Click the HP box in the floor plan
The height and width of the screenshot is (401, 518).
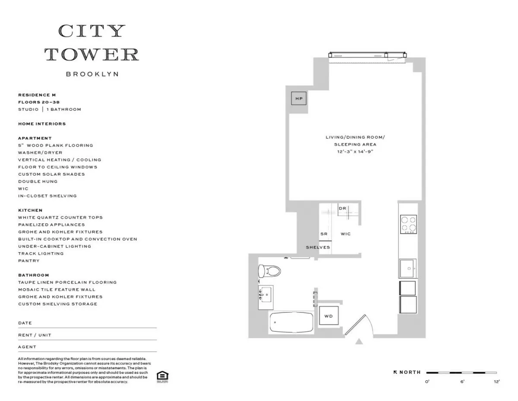point(299,99)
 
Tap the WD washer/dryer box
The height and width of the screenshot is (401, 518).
point(328,316)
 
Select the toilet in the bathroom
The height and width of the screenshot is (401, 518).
point(269,271)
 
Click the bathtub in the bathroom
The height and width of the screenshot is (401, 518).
point(291,323)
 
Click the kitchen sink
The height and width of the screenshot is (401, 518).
point(407,268)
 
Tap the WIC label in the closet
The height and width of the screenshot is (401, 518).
point(345,234)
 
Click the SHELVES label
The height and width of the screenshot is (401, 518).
point(318,247)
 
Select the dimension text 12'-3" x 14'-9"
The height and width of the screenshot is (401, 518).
point(355,152)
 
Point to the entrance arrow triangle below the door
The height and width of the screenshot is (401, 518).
point(359,342)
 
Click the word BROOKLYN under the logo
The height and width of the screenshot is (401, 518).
point(92,74)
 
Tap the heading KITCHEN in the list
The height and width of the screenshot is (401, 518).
point(30,210)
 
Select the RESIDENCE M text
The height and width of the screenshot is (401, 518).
point(37,95)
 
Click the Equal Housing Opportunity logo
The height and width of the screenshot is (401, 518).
point(162,376)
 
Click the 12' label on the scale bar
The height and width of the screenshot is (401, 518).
point(496,382)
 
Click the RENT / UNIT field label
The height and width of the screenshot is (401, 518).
point(35,335)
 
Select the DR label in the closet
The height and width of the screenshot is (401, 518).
point(342,209)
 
